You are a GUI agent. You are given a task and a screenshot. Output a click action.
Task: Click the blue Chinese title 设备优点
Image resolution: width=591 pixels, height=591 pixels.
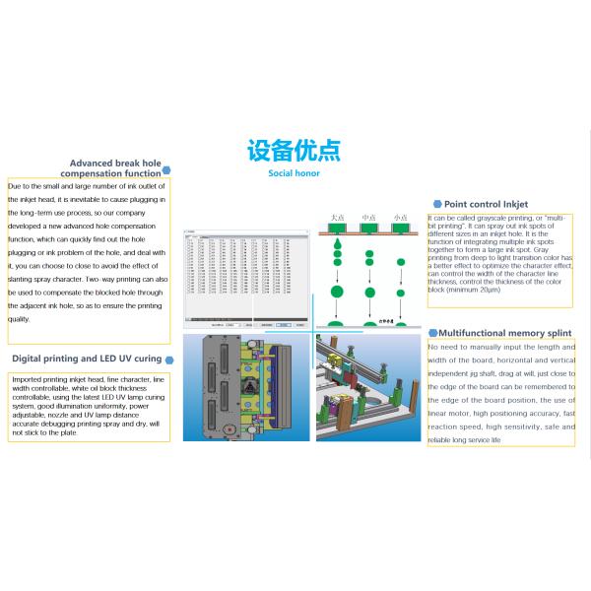pos(294,151)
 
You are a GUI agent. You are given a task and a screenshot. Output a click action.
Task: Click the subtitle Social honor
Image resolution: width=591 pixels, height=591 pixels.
pos(294,173)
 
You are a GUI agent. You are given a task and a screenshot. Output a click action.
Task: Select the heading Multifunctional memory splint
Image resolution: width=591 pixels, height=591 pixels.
pos(499,334)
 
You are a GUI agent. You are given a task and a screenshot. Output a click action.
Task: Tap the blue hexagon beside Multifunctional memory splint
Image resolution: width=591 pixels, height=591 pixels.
pos(432,334)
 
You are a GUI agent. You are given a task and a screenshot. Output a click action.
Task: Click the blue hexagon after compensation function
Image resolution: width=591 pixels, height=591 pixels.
pos(167,172)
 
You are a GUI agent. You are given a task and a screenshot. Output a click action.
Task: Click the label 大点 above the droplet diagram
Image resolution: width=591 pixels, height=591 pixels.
pos(338,216)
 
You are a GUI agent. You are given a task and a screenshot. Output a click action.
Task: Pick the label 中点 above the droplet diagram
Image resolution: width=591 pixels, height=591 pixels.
pos(369,216)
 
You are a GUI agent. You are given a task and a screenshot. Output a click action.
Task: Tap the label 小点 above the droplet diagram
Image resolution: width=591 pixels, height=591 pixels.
pos(400,216)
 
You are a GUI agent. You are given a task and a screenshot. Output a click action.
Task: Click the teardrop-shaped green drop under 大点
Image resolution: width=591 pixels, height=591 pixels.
pos(337,240)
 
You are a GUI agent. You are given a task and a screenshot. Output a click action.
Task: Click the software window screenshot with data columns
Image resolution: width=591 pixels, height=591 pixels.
pos(246,280)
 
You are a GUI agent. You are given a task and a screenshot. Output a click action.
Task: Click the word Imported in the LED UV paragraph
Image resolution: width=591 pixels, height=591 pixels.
pos(29,379)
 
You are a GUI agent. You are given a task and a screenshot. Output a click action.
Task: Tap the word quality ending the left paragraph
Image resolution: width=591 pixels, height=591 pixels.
pos(19,319)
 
